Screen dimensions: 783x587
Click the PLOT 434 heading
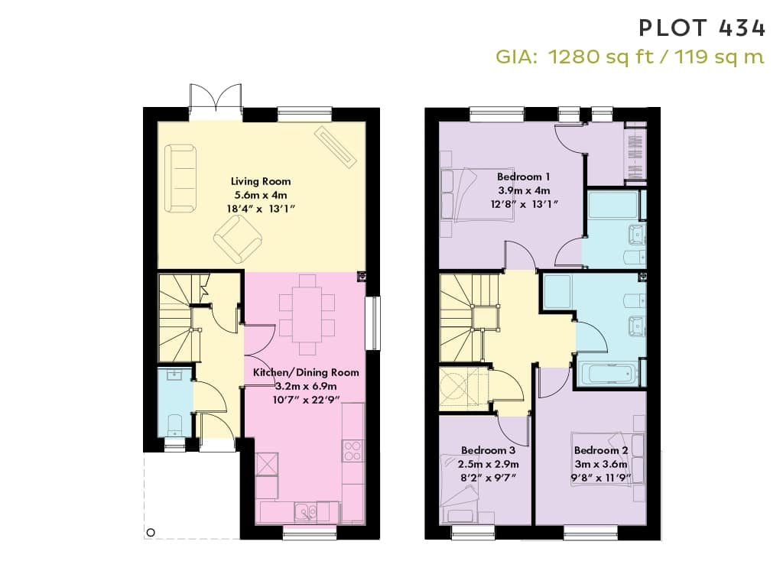702,28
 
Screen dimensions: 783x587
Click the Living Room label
261,181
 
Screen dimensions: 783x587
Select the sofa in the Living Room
180,178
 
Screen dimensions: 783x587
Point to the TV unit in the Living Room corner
336,148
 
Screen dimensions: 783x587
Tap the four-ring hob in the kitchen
353,451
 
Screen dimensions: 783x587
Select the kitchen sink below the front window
305,512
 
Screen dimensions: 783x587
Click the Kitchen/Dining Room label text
306,372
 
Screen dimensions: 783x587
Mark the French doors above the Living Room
216,102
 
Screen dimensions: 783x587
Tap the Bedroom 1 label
523,177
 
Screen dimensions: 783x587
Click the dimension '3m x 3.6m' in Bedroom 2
601,464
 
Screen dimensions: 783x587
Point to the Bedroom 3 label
488,450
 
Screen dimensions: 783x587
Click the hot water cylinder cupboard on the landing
458,389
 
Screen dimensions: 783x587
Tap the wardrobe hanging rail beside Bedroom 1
635,152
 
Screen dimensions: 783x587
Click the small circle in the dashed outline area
151,533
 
